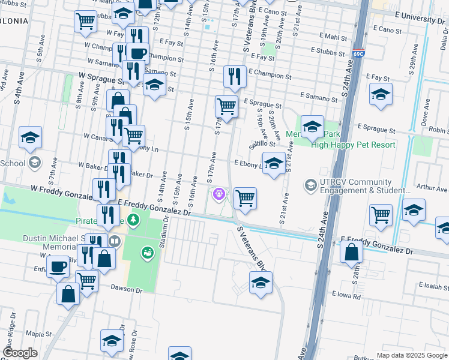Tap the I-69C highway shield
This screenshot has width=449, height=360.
(x=359, y=53)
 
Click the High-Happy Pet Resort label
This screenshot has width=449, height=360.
(x=354, y=145)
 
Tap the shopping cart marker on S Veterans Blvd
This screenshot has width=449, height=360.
(x=245, y=198)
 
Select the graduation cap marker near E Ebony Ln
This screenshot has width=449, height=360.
(x=274, y=164)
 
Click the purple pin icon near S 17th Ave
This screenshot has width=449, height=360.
(x=219, y=194)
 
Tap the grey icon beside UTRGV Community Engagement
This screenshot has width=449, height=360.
(x=310, y=184)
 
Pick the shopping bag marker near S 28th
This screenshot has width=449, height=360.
(x=351, y=252)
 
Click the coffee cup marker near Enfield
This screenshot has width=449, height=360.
(x=58, y=266)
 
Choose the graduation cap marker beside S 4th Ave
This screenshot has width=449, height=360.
(x=30, y=137)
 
